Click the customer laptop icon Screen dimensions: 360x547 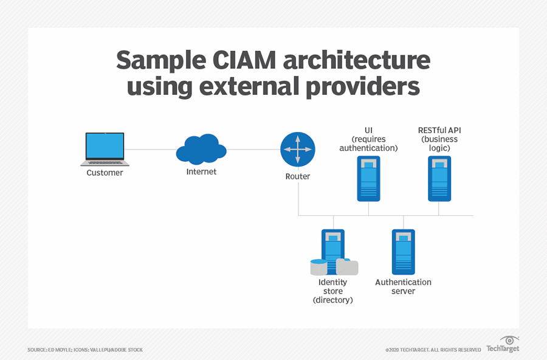tap(105, 149)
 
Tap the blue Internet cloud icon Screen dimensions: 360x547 tap(201, 150)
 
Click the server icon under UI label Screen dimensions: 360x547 tap(368, 178)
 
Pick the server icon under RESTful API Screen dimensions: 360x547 tap(439, 178)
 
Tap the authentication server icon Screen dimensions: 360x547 tap(403, 251)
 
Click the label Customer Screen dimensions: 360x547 tap(105, 173)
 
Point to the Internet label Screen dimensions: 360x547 tap(201, 172)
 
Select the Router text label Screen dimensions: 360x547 tap(298, 176)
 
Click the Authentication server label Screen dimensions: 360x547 tap(403, 286)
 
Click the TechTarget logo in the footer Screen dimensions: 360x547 tap(502, 345)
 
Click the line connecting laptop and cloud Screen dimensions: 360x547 tap(152, 150)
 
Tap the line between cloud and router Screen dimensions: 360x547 tap(253, 150)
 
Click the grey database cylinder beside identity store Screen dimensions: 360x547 tap(347, 267)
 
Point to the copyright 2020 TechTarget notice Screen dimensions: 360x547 tap(433, 350)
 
